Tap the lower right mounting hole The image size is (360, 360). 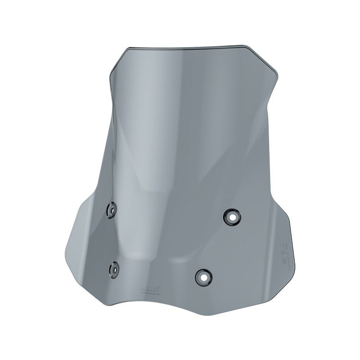pos(202,276)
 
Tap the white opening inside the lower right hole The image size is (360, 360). pos(202,276)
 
